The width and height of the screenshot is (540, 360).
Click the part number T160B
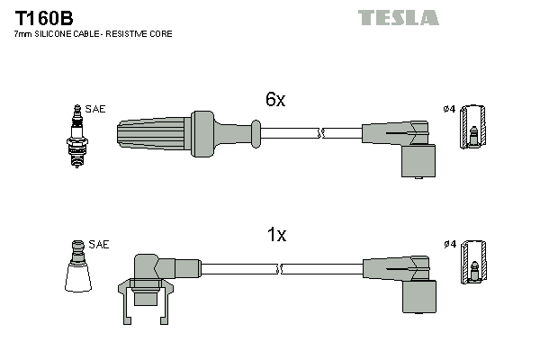43,17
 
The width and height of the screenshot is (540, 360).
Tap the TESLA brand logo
398,18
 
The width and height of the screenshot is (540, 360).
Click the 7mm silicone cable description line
93,33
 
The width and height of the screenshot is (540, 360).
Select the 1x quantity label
276,236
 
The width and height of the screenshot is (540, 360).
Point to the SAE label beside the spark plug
96,109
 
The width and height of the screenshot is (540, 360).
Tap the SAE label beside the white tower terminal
99,244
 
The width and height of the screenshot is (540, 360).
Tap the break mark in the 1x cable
282,267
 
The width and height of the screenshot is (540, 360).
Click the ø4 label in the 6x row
449,110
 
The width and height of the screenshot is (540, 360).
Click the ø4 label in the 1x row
449,244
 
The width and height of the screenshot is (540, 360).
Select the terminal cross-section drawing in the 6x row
474,127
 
